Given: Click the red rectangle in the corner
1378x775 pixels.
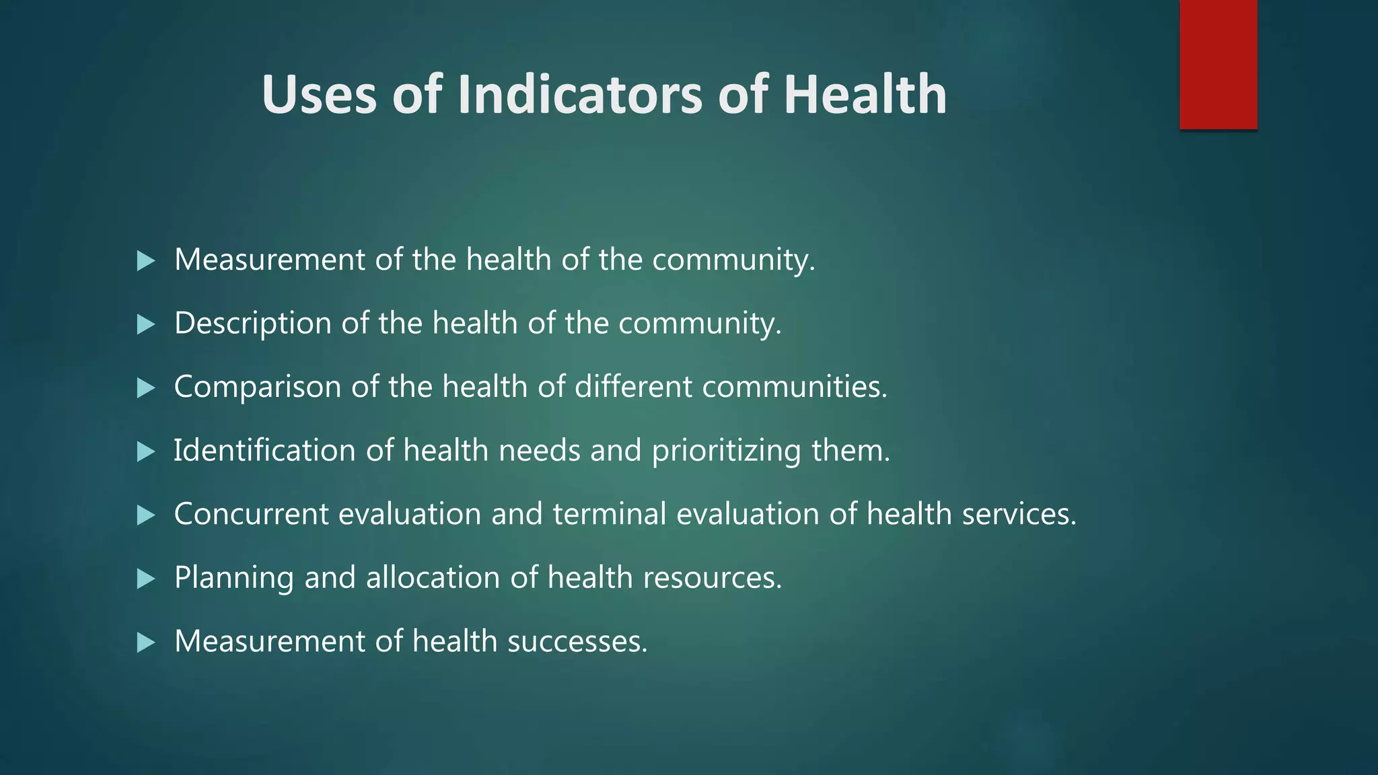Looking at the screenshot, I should pos(1218,64).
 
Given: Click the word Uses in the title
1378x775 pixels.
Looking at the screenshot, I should pos(318,94).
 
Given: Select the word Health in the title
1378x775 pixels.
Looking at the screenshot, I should pos(865,94).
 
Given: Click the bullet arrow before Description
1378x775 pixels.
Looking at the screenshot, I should pos(145,325).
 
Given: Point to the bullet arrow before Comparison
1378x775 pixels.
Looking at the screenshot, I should pos(145,388).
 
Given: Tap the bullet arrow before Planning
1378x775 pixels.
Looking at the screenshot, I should pos(145,579).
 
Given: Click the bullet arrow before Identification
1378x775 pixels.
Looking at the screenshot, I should pos(145,451).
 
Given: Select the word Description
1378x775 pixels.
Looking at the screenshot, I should pos(252,324).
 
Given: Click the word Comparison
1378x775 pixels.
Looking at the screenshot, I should pos(257,387).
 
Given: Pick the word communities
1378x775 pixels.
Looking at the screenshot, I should pos(794,387).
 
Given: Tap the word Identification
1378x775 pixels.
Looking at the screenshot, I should pos(264,450).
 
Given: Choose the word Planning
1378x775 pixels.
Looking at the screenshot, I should pos(233,578).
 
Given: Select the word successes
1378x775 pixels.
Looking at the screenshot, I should pos(577,641).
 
